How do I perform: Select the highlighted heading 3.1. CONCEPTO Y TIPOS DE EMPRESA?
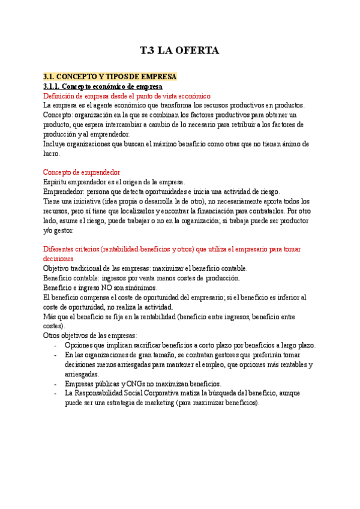tap(110, 77)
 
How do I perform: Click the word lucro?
tap(52, 154)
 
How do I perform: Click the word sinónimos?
tap(138, 288)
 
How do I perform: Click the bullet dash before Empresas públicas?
tap(56, 384)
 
